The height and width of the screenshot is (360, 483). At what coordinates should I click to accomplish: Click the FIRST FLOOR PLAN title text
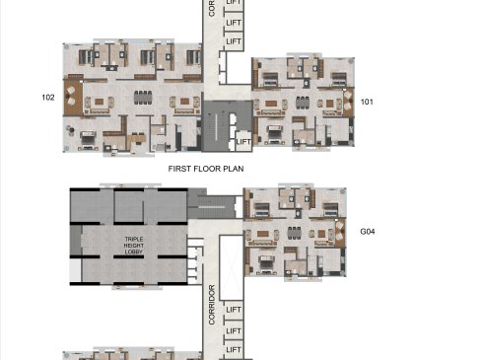pyautogui.click(x=206, y=169)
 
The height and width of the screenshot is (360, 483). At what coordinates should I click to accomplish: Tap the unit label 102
pyautogui.click(x=48, y=98)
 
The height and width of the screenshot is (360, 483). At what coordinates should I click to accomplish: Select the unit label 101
pyautogui.click(x=367, y=102)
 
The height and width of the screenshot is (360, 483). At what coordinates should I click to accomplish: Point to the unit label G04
pyautogui.click(x=368, y=232)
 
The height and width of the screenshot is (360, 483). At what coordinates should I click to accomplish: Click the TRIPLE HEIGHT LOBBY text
pyautogui.click(x=134, y=246)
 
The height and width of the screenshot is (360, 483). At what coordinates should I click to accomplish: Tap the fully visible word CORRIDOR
pyautogui.click(x=212, y=305)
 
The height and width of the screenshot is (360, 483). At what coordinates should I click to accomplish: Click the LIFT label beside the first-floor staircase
pyautogui.click(x=243, y=142)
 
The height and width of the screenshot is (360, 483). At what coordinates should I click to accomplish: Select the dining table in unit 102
pyautogui.click(x=143, y=98)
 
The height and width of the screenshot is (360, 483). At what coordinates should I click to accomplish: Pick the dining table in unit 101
pyautogui.click(x=303, y=103)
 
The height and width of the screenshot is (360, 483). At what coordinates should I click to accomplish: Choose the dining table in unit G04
pyautogui.click(x=295, y=233)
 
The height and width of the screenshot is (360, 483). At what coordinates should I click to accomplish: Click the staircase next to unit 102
pyautogui.click(x=216, y=126)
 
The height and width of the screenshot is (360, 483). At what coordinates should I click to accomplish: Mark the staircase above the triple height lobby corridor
pyautogui.click(x=212, y=207)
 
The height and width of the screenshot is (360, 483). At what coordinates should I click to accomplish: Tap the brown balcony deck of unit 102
pyautogui.click(x=73, y=98)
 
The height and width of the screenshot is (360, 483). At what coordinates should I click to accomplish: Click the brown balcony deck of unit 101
pyautogui.click(x=348, y=102)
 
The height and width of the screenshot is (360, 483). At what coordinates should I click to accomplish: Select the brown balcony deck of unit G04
pyautogui.click(x=340, y=233)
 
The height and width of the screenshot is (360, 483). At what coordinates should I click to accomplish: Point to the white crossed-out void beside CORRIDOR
pyautogui.click(x=231, y=267)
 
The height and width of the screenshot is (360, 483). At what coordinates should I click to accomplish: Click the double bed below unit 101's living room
pyautogui.click(x=275, y=134)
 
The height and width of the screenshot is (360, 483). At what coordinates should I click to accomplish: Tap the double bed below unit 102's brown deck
pyautogui.click(x=88, y=139)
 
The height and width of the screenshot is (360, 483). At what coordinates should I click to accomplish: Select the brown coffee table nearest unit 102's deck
pyautogui.click(x=100, y=102)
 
